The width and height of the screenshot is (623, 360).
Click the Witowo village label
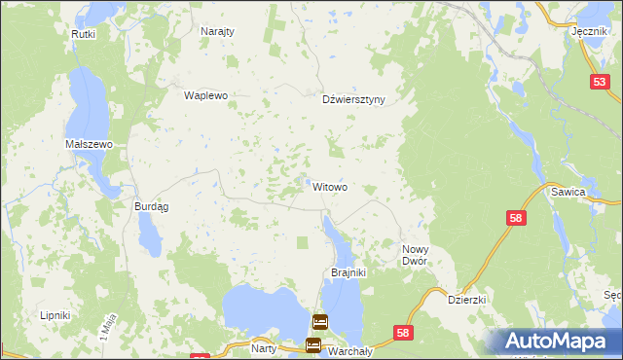[330, 187]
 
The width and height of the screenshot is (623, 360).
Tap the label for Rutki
[82, 34]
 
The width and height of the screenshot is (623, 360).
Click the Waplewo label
[205, 95]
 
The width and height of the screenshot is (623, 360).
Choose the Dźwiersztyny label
[354, 99]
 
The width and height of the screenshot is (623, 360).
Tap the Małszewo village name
[90, 144]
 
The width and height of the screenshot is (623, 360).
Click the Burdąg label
[151, 206]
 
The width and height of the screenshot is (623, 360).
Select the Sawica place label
[595, 193]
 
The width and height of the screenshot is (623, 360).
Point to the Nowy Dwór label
[421, 256]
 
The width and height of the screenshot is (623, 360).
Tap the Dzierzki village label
[466, 301]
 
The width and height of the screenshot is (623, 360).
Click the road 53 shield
[599, 84]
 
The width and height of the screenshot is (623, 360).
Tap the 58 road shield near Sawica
[516, 220]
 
